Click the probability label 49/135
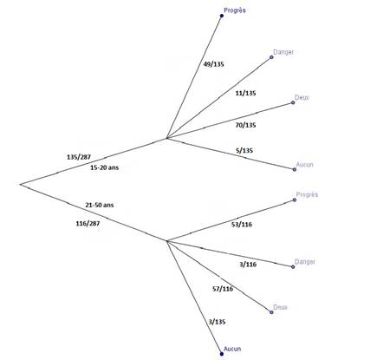pyautogui.click(x=213, y=64)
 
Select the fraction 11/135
pyautogui.click(x=245, y=93)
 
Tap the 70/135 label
pyautogui.click(x=245, y=125)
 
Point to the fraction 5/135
pyautogui.click(x=244, y=150)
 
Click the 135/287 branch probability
pyautogui.click(x=79, y=157)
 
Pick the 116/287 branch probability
pyautogui.click(x=88, y=224)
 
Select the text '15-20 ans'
pyautogui.click(x=105, y=167)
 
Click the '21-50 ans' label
pyautogui.click(x=100, y=205)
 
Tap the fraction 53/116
pyautogui.click(x=242, y=225)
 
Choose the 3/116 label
pyautogui.click(x=248, y=265)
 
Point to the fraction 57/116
pyautogui.click(x=223, y=289)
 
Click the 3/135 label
pyautogui.click(x=217, y=322)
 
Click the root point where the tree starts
pyautogui.click(x=20, y=184)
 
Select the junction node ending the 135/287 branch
pyautogui.click(x=167, y=138)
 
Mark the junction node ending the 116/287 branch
pyautogui.click(x=167, y=240)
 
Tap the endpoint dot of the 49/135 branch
pyautogui.click(x=222, y=16)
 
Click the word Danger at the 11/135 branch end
pyautogui.click(x=283, y=52)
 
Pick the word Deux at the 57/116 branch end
pyautogui.click(x=280, y=307)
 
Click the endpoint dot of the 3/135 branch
pyautogui.click(x=222, y=354)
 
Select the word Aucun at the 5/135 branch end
pyautogui.click(x=305, y=165)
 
